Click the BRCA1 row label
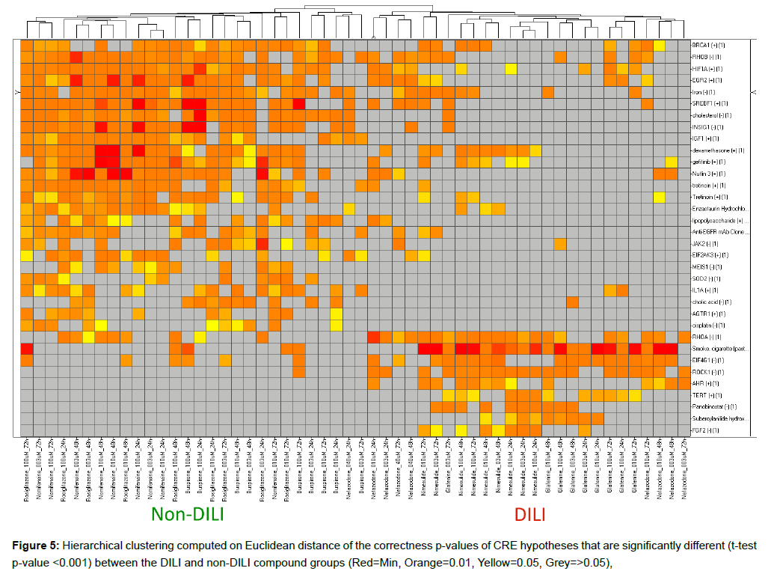[707, 45]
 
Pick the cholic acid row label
[710, 302]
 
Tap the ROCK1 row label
[706, 372]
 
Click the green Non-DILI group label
[188, 514]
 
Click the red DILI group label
[529, 514]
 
